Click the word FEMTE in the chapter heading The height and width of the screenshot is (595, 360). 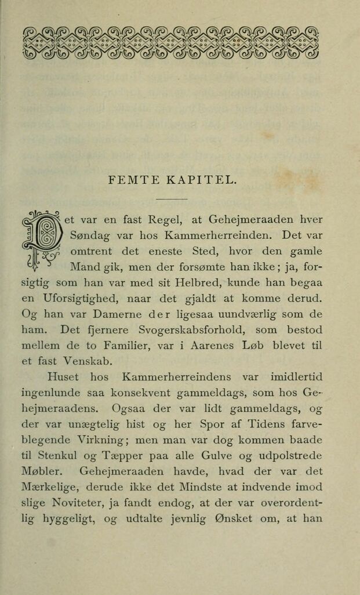tap(129, 180)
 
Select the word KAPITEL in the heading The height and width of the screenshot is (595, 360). tap(201, 180)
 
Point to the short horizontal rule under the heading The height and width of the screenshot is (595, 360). tap(172, 198)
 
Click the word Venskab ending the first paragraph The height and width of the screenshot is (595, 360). tap(77, 362)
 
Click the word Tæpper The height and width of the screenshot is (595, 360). tap(119, 456)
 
